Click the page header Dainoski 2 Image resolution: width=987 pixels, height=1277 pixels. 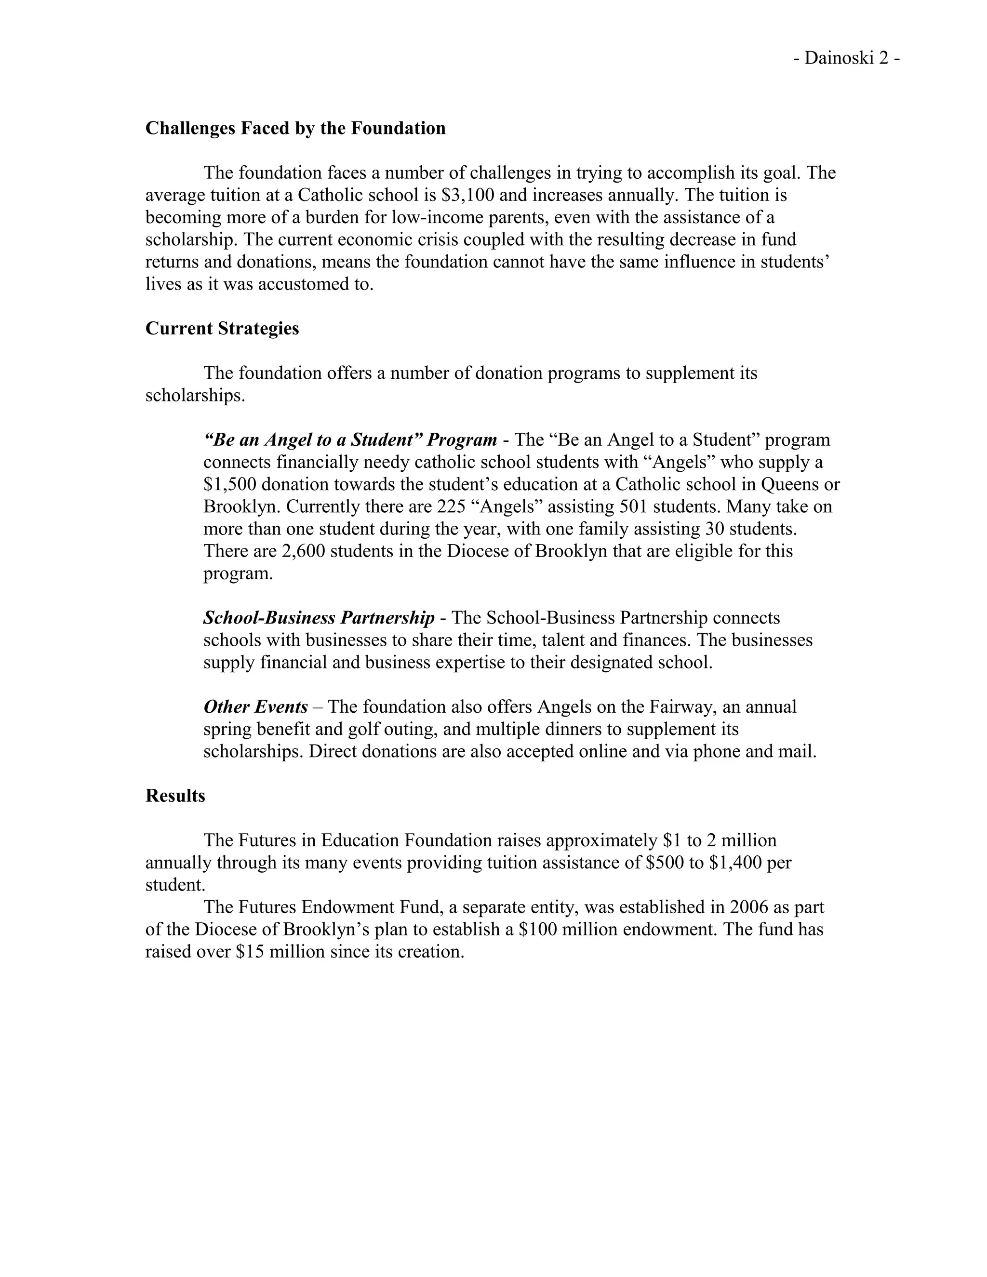pos(846,58)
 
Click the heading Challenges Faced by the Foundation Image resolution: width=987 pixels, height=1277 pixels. pos(295,128)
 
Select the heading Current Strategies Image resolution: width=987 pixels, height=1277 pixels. pos(222,328)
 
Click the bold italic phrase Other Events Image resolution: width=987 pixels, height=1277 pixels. pos(255,707)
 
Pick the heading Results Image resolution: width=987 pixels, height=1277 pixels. pos(175,796)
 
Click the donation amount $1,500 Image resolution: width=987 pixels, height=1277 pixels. pos(229,484)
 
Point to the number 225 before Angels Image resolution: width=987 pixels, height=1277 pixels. pos(451,506)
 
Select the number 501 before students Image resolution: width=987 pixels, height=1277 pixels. pos(633,506)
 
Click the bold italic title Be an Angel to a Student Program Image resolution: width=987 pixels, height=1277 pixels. pos(350,439)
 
